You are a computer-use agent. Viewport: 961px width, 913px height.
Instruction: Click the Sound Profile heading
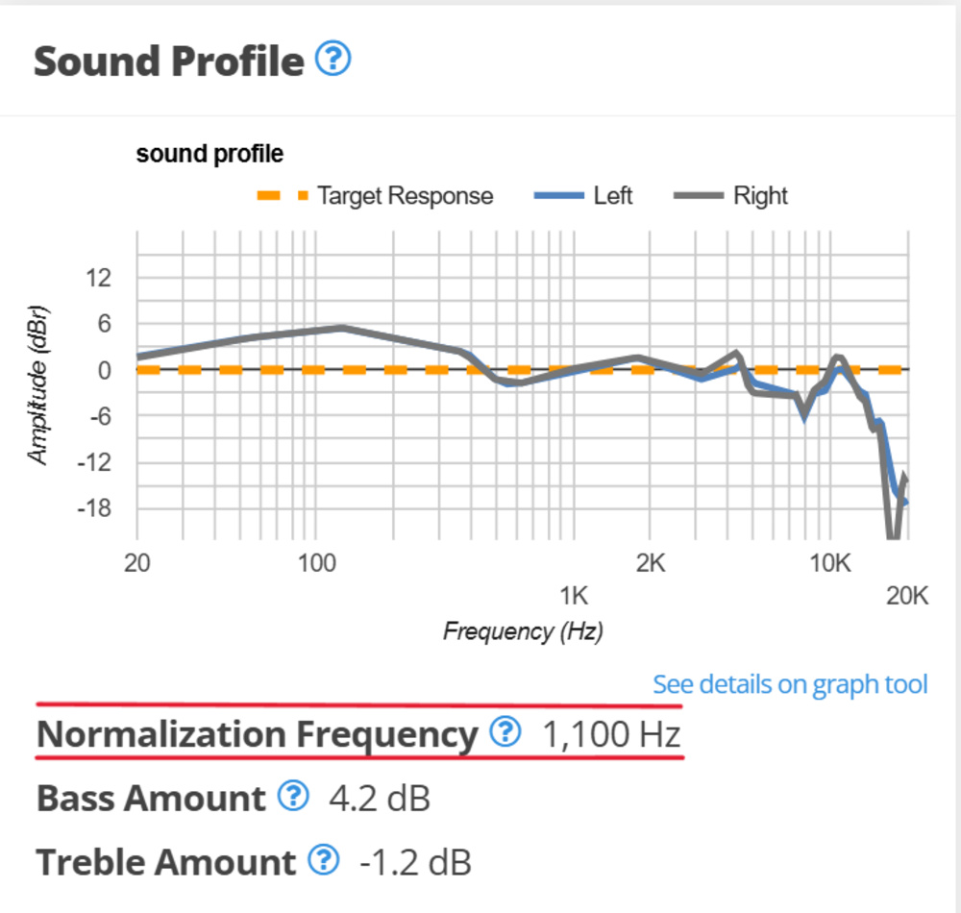tap(168, 62)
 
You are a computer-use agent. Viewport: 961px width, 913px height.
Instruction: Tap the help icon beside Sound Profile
tap(333, 61)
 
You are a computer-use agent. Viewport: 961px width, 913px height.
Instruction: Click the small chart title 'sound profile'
tap(209, 154)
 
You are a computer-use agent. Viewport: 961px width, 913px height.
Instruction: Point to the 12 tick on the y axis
tap(99, 279)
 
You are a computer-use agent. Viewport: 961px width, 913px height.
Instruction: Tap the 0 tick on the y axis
tap(106, 371)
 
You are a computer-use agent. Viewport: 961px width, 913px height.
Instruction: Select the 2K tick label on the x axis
tap(651, 562)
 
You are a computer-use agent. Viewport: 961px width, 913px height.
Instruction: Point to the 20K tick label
tap(906, 597)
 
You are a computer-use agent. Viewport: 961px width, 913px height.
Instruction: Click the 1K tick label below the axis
tap(574, 597)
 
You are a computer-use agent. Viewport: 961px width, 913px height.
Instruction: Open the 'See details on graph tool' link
tap(790, 684)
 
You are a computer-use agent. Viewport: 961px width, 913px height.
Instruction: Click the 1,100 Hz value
tap(612, 735)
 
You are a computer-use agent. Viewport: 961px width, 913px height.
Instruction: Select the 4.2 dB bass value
tap(379, 799)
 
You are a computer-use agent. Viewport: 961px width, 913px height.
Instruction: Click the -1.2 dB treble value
tap(415, 862)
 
